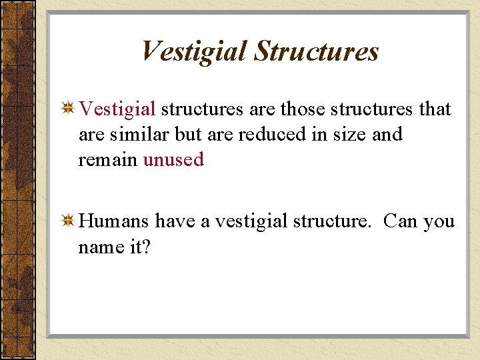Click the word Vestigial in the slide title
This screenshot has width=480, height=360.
[x=194, y=52]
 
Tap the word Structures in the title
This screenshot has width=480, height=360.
[x=317, y=52]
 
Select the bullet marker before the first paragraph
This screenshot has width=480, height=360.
[x=67, y=109]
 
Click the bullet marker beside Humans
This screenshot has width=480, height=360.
[x=67, y=221]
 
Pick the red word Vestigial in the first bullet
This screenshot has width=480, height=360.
[x=117, y=109]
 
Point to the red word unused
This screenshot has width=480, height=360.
[x=173, y=160]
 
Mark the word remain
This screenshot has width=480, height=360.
[x=108, y=160]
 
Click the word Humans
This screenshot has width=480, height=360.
[x=115, y=221]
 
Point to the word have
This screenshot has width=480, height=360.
[x=175, y=221]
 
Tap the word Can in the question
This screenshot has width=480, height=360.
[x=401, y=221]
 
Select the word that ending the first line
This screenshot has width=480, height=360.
[x=435, y=109]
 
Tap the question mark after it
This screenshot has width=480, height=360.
[x=147, y=247]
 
